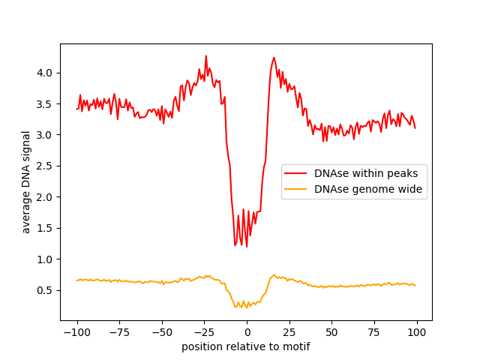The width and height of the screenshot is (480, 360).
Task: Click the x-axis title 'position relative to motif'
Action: coord(246,346)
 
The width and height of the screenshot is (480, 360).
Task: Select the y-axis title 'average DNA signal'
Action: coord(26,182)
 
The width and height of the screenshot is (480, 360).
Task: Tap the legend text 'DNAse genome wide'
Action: coord(368,190)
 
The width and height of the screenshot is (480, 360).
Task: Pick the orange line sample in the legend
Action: coord(298,190)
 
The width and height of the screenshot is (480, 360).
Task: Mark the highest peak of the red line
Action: coord(206,55)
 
